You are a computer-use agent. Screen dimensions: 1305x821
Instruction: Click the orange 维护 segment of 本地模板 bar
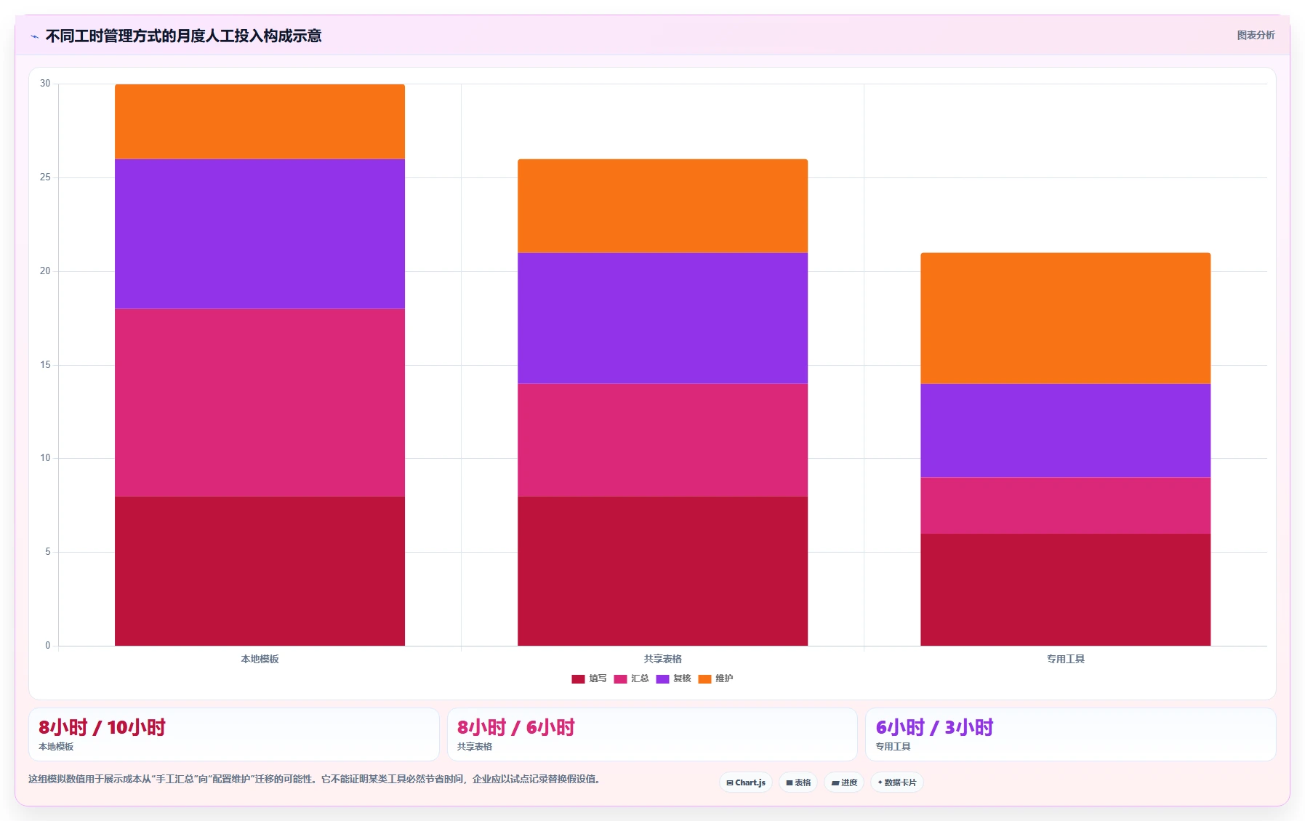[x=260, y=121]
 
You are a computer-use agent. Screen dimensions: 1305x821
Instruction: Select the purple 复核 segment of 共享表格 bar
[x=662, y=319]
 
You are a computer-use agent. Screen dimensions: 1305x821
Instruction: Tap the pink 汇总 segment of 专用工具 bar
[x=1065, y=505]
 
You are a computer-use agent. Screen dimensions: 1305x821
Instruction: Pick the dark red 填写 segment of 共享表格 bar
[x=662, y=571]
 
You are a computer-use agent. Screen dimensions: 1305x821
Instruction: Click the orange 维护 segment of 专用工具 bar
[x=1065, y=319]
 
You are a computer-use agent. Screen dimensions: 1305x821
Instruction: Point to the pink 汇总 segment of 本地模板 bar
[x=260, y=403]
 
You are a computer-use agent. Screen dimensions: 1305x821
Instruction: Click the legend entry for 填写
[x=589, y=678]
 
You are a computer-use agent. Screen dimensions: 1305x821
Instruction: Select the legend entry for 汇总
[x=631, y=678]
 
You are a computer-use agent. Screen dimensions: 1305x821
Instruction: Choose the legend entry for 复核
[x=673, y=678]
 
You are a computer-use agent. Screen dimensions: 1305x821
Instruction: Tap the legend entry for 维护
[x=715, y=678]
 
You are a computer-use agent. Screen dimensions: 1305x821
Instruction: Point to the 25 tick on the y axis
[x=45, y=177]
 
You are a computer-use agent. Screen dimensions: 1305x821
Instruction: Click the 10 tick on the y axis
[x=45, y=458]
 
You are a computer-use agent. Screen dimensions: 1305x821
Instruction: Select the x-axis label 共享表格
[x=662, y=659]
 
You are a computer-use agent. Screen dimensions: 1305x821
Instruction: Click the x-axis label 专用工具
[x=1065, y=659]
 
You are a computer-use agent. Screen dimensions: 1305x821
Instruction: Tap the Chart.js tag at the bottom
[x=746, y=782]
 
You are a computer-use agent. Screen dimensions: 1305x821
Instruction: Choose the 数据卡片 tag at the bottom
[x=896, y=782]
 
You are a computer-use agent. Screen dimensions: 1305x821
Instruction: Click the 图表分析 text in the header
[x=1256, y=35]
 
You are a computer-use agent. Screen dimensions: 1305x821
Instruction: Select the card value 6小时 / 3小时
[x=934, y=727]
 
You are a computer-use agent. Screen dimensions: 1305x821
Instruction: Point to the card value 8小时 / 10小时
[x=102, y=727]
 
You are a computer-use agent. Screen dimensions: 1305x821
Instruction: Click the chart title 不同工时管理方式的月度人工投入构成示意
[x=183, y=36]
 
